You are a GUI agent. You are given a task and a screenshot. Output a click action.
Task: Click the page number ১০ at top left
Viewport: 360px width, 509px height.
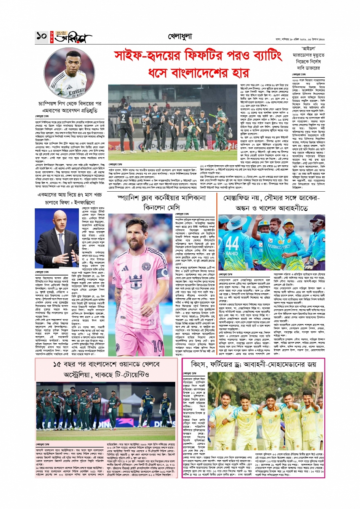42,37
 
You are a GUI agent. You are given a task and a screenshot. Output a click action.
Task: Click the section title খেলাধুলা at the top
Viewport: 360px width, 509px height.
180,37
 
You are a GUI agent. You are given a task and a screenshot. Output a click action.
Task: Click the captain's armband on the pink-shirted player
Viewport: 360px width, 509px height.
164,273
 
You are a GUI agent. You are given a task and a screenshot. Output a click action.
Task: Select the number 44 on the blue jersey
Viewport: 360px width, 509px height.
232,243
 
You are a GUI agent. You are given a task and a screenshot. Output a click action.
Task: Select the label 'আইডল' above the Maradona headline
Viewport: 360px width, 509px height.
308,49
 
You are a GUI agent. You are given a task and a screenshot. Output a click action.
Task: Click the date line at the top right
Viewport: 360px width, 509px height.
300,39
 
